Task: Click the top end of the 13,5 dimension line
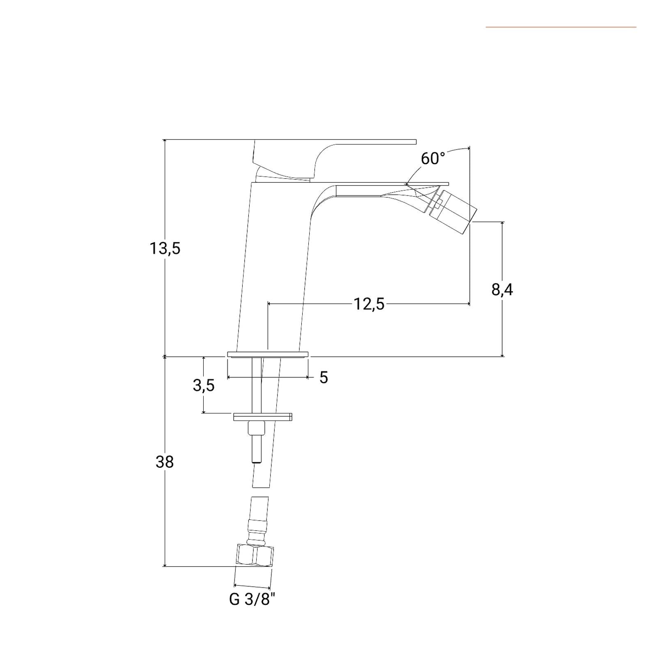tap(165, 140)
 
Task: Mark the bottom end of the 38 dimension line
tap(165, 567)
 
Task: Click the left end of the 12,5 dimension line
tap(268, 304)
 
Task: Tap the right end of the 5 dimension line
tap(308, 377)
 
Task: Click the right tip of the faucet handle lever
tap(416, 142)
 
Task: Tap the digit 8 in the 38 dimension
tap(169, 462)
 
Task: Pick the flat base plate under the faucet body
tap(268, 354)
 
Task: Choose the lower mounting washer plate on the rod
tap(263, 417)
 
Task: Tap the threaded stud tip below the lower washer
tap(257, 450)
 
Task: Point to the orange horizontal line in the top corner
tap(561, 27)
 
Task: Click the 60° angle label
tap(433, 158)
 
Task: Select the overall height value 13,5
tap(165, 248)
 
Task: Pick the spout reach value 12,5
tap(369, 304)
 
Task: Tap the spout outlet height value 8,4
tap(502, 289)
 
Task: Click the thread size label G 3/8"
tap(252, 599)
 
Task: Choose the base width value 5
tap(324, 377)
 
